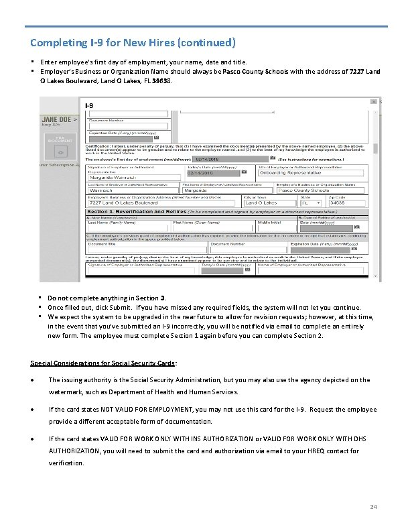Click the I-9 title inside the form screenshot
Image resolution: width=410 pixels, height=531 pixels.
point(88,105)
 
